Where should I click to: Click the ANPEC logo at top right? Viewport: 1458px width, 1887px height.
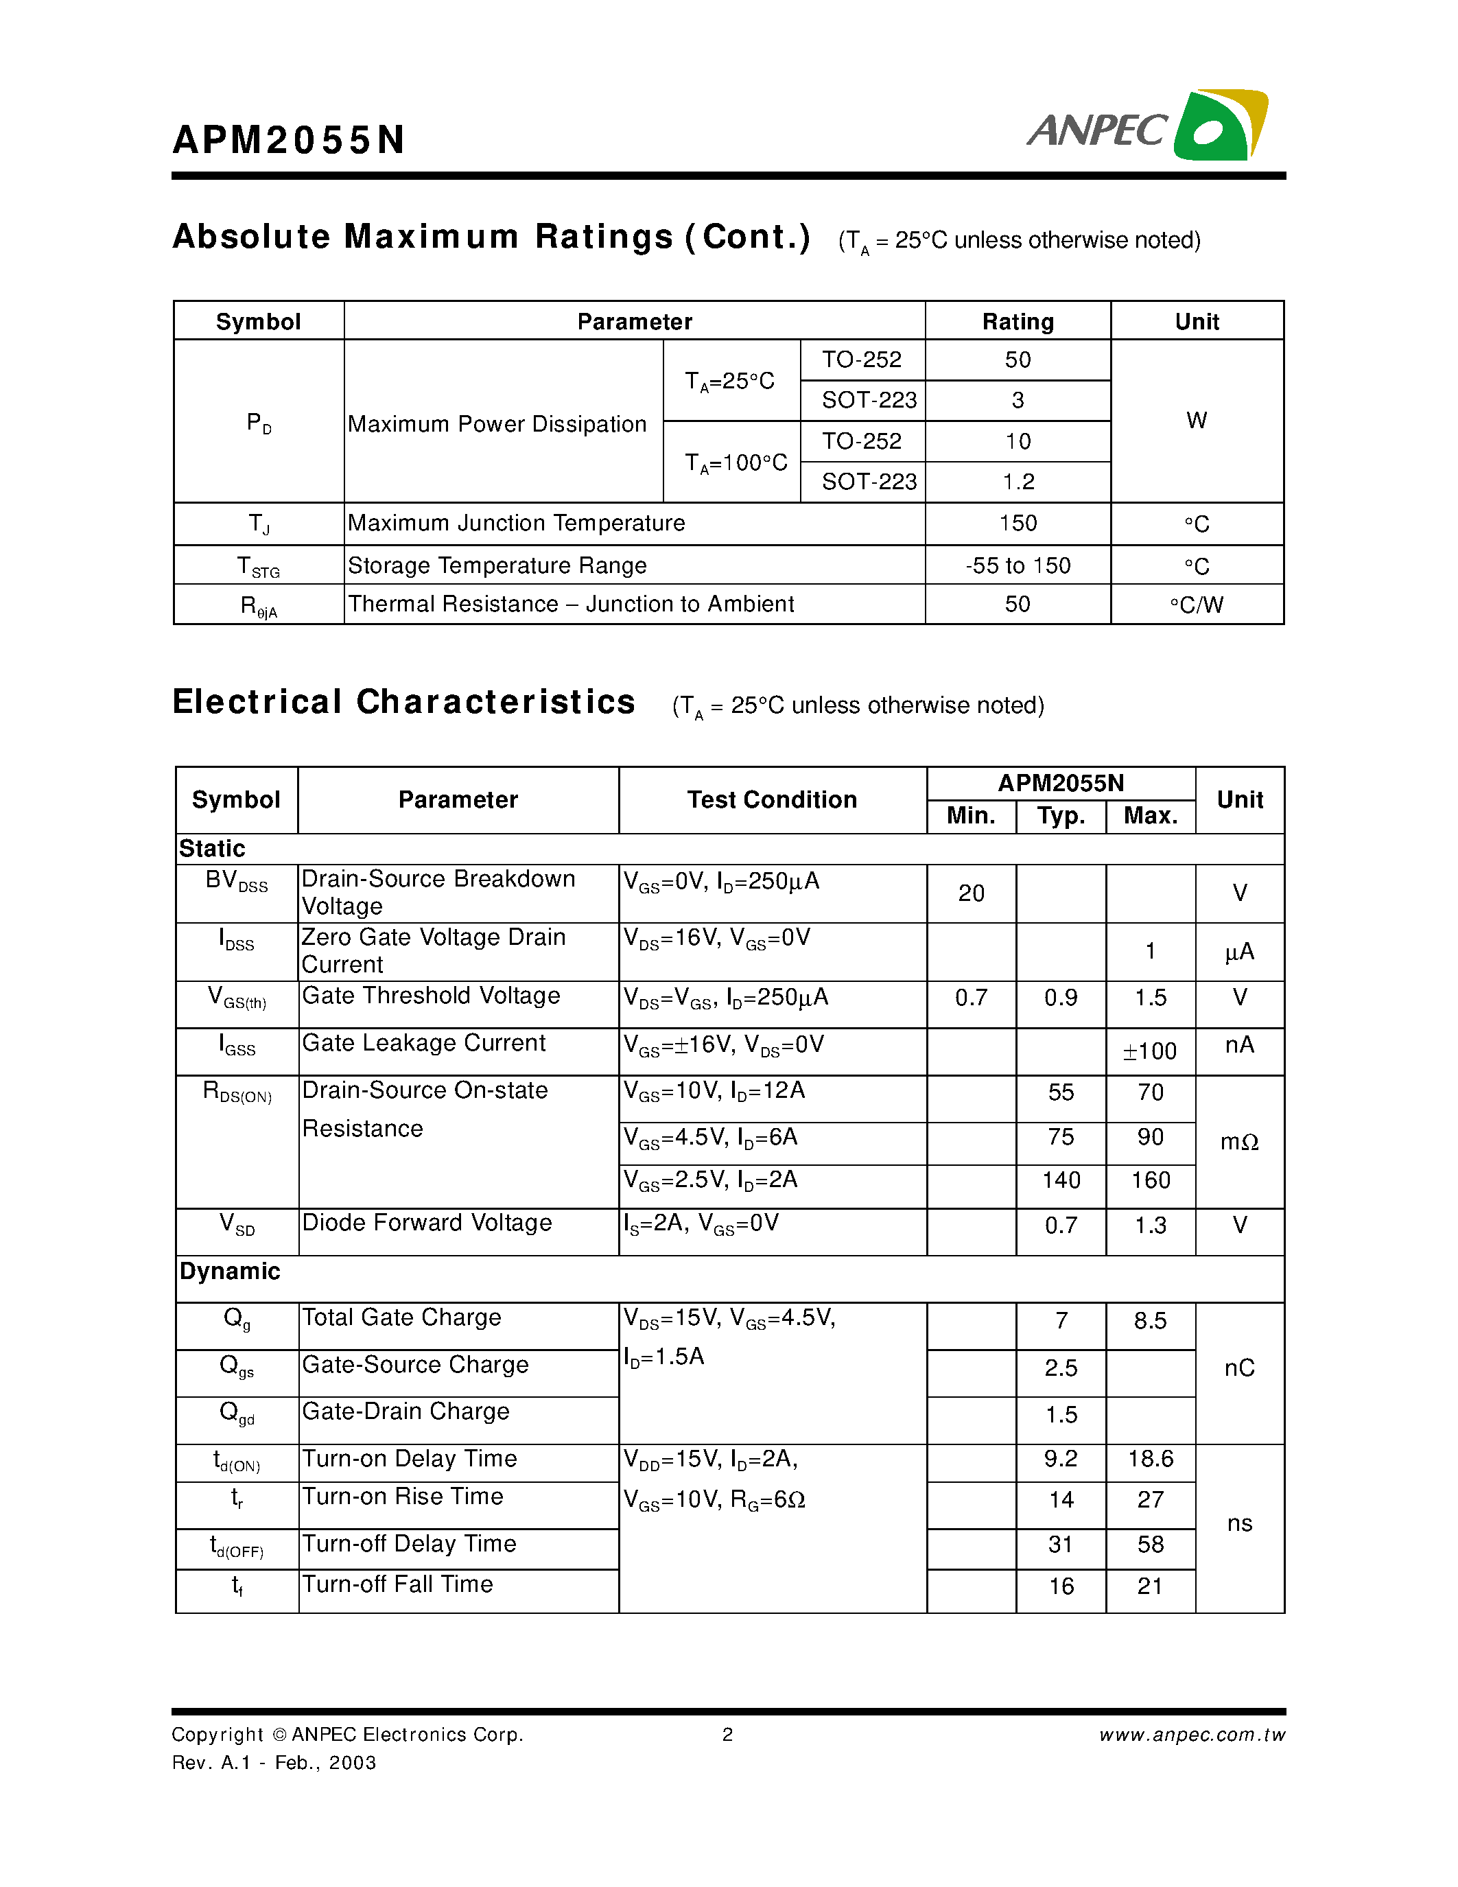pyautogui.click(x=1147, y=126)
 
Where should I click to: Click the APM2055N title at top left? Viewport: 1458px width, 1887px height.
pyautogui.click(x=288, y=140)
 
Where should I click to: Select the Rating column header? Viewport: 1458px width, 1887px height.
pyautogui.click(x=1018, y=321)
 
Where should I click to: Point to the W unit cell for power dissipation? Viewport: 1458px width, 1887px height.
pyautogui.click(x=1197, y=421)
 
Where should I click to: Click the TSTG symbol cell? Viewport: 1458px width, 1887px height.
pyautogui.click(x=258, y=567)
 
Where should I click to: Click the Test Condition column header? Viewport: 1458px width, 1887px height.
pyautogui.click(x=771, y=800)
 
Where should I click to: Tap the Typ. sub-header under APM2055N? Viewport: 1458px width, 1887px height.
pyautogui.click(x=1061, y=816)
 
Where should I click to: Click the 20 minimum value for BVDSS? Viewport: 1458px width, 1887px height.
pyautogui.click(x=971, y=893)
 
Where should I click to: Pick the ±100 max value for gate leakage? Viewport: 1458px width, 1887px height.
pyautogui.click(x=1150, y=1051)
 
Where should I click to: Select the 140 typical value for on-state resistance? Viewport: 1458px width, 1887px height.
pyautogui.click(x=1061, y=1180)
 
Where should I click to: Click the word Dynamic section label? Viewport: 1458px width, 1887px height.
pyautogui.click(x=230, y=1271)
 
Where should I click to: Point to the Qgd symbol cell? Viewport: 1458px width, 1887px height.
pyautogui.click(x=237, y=1413)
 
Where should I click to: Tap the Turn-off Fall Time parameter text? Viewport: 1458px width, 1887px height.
pyautogui.click(x=397, y=1584)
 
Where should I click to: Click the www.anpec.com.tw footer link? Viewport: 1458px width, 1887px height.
pyautogui.click(x=1191, y=1735)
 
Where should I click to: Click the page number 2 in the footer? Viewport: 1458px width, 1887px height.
pyautogui.click(x=727, y=1735)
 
